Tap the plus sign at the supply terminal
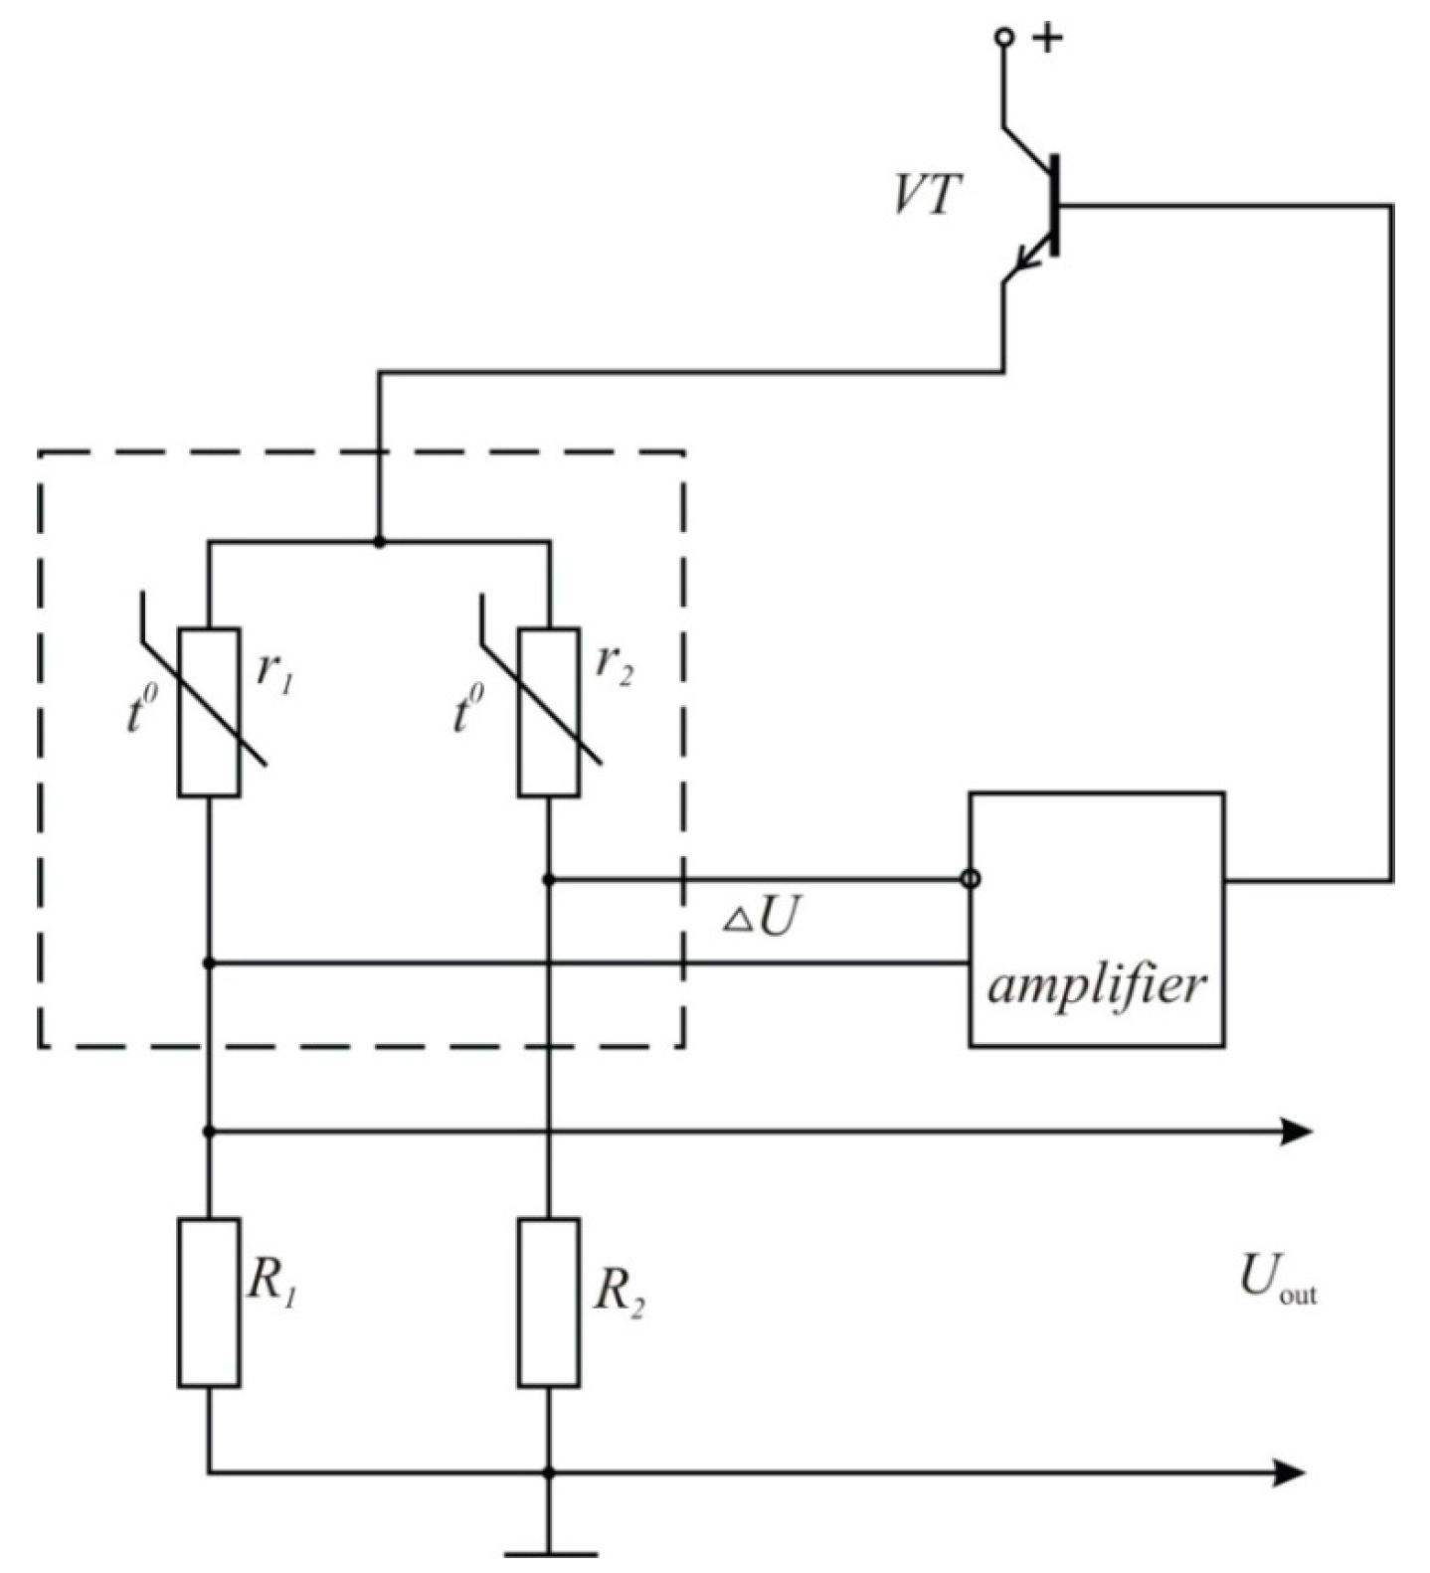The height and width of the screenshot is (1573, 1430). pos(1048,39)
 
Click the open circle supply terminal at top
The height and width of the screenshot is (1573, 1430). pos(1004,38)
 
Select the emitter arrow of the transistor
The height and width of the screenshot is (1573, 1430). pos(1025,263)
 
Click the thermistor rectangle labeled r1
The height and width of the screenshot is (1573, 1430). pos(209,712)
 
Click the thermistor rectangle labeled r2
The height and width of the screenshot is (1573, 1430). pos(549,712)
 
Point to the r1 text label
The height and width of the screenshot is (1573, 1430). pos(274,673)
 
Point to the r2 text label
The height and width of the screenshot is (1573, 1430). pos(614,663)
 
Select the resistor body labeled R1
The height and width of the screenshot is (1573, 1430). pos(209,1302)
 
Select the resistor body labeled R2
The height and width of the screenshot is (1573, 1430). pos(549,1302)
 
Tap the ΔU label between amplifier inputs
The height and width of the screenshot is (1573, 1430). pos(761,920)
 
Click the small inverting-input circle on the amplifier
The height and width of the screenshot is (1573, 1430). pos(972,879)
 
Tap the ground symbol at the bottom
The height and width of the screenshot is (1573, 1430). pos(550,1552)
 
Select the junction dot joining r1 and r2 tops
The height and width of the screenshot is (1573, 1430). pos(379,542)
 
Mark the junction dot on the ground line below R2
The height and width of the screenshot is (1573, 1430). pos(549,1473)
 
